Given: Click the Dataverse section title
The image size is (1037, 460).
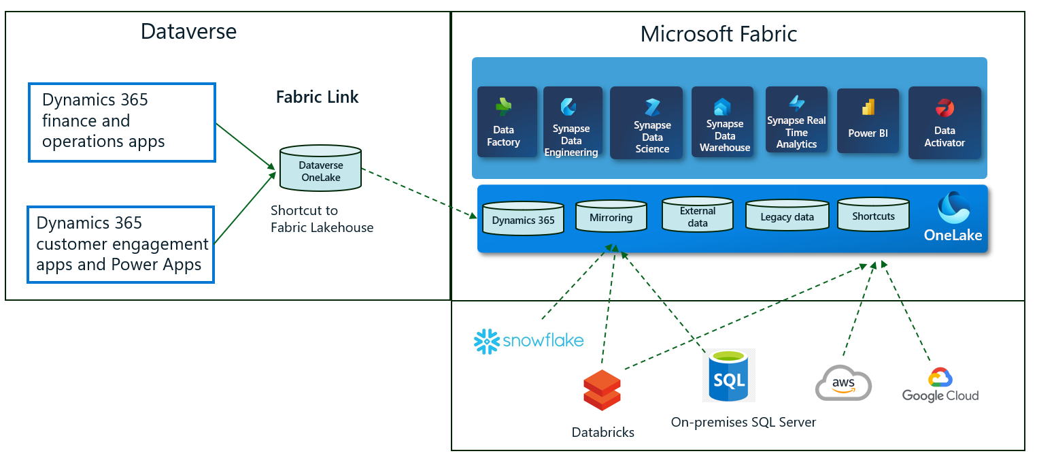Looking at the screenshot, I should [188, 31].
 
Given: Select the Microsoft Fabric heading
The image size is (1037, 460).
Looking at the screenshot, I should [719, 34].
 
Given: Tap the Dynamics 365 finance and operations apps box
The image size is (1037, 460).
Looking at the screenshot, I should [122, 122].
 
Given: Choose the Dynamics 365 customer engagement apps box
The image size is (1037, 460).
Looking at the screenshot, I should [121, 244].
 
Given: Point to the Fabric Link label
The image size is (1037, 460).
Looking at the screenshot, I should [317, 97].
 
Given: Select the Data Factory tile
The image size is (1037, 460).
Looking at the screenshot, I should [503, 122].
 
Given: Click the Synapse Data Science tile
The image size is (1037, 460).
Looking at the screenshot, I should [651, 123].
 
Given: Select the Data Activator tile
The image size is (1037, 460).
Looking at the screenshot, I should [945, 122].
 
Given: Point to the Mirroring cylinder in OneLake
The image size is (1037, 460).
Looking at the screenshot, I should [611, 216].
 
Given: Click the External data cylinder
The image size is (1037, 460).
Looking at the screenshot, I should [698, 214].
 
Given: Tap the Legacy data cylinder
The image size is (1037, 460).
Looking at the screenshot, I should [787, 216].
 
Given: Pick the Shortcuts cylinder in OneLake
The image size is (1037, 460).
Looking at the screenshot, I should [873, 214].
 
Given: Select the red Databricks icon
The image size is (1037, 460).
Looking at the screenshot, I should [602, 390].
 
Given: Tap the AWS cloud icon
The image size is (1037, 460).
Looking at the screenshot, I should [843, 383].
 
